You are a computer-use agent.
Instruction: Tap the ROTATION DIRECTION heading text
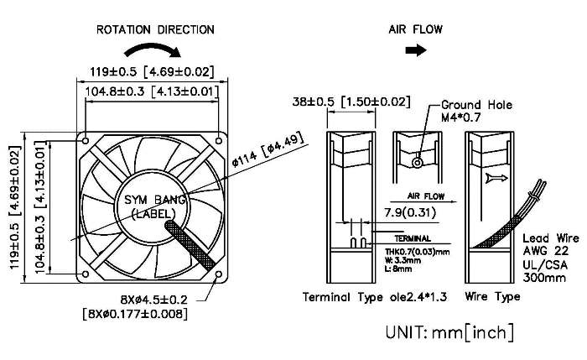pyautogui.click(x=155, y=29)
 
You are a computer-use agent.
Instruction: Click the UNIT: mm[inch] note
pyautogui.click(x=449, y=332)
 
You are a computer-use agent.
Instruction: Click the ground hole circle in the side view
pyautogui.click(x=417, y=161)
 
